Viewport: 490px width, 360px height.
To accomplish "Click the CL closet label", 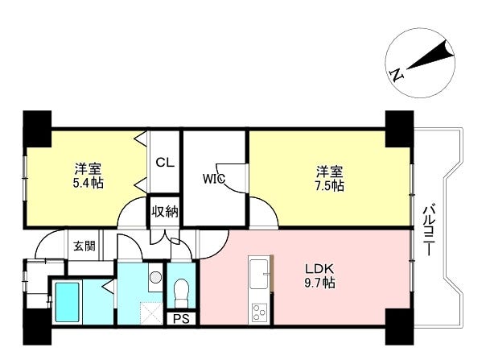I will pos(164,162).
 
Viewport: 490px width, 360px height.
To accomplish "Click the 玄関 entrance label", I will pos(83,246).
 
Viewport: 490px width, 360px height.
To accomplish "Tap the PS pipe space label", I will pos(181,317).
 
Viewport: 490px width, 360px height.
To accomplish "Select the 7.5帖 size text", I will pos(329,185).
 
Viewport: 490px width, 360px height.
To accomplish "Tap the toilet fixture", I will pos(182,288).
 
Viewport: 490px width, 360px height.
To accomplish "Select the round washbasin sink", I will pos(155,277).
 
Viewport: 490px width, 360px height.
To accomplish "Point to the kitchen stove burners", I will pos(259,309).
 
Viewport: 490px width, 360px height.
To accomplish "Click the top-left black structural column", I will pos(35,127).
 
